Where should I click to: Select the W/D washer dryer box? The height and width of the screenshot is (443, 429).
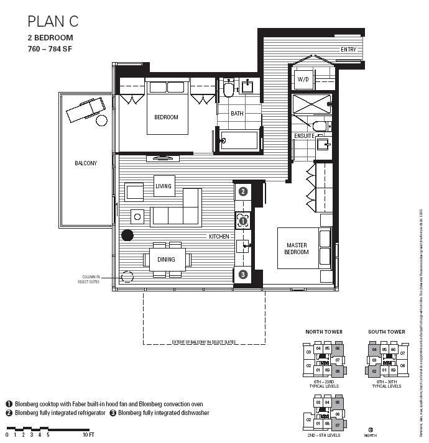(303, 80)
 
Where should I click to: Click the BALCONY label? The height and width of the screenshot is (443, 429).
(86, 163)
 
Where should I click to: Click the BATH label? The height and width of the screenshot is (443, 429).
(237, 114)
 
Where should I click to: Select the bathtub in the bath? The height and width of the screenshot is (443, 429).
(239, 140)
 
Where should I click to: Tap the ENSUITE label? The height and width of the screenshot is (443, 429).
(305, 135)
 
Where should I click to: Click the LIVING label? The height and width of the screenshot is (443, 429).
(164, 186)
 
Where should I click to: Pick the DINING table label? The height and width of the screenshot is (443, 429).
(166, 260)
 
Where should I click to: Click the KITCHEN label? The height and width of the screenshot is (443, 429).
(219, 237)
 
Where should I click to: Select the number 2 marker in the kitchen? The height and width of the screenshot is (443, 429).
(243, 191)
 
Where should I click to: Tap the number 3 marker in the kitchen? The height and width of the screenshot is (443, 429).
(243, 274)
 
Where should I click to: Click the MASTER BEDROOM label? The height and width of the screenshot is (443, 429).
(297, 249)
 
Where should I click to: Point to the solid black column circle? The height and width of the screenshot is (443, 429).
(127, 235)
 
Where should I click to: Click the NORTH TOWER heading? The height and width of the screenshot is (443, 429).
(323, 332)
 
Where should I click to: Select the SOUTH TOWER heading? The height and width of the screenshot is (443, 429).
(386, 332)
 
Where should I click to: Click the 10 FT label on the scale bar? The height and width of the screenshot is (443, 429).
(88, 434)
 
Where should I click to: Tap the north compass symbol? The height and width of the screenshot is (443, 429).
(371, 429)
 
